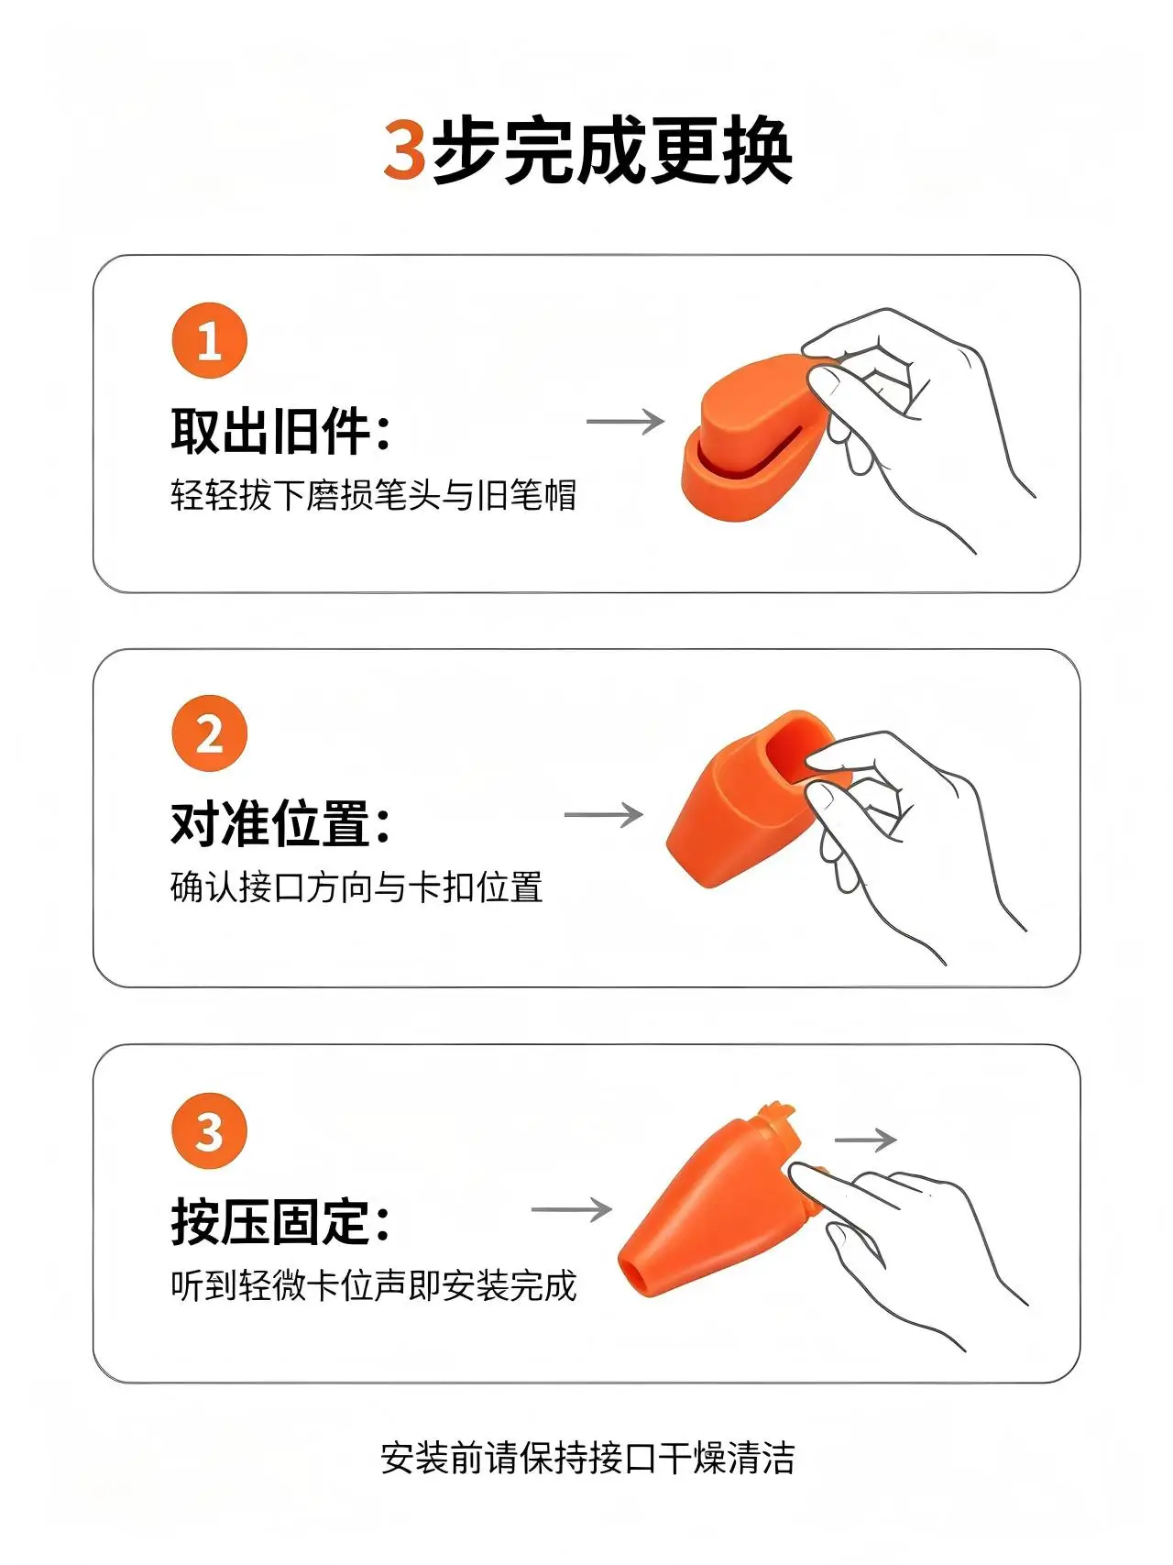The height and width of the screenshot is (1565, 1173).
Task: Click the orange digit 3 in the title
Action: pyautogui.click(x=404, y=149)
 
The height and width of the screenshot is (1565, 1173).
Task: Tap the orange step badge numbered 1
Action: pyautogui.click(x=210, y=341)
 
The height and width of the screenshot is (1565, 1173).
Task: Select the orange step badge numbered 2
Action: pyautogui.click(x=210, y=734)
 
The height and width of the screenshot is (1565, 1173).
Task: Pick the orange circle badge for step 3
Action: pyautogui.click(x=210, y=1131)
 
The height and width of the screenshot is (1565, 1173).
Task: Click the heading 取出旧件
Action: pyautogui.click(x=280, y=431)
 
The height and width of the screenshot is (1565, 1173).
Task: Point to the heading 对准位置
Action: pyautogui.click(x=280, y=822)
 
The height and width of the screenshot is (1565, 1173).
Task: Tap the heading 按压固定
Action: pyautogui.click(x=280, y=1221)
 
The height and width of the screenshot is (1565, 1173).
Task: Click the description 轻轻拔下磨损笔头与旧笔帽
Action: pyautogui.click(x=374, y=495)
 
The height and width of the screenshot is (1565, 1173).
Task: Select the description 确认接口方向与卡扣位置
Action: pyautogui.click(x=356, y=887)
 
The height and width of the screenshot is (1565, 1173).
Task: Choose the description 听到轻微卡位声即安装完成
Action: pyautogui.click(x=374, y=1285)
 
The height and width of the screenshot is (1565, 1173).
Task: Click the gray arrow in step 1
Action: pyautogui.click(x=625, y=422)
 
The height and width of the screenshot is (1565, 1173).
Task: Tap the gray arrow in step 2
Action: pyautogui.click(x=604, y=815)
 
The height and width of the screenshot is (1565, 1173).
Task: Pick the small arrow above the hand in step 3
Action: pyautogui.click(x=865, y=1140)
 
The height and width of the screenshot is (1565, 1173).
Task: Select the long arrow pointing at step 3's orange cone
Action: pyautogui.click(x=572, y=1209)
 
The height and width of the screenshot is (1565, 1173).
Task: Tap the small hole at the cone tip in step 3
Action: pyautogui.click(x=631, y=1277)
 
